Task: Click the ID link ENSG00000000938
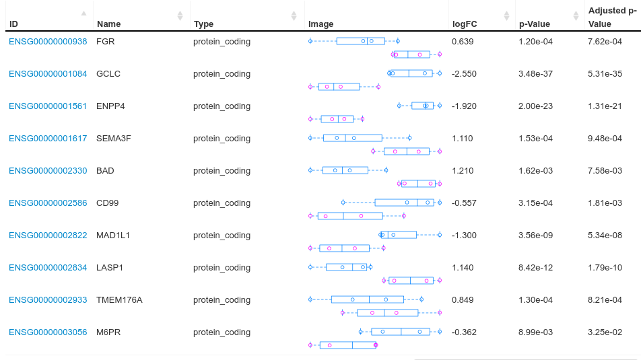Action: (x=48, y=42)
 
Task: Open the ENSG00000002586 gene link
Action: (x=48, y=203)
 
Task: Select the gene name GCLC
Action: (x=108, y=74)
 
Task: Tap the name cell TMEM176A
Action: (x=119, y=300)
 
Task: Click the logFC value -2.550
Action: (x=464, y=74)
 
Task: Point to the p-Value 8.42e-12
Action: (x=535, y=268)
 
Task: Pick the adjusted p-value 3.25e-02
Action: (x=605, y=332)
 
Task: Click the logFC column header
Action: (x=464, y=24)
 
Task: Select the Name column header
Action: (x=109, y=24)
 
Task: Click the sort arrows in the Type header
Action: (x=294, y=15)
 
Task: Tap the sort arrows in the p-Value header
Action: (x=576, y=15)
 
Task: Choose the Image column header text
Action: (x=321, y=24)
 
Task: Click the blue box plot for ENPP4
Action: (x=423, y=106)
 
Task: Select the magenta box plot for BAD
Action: (x=417, y=183)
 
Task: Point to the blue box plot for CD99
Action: (x=405, y=203)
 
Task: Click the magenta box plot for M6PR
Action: (x=347, y=345)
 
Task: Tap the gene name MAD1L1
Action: (x=113, y=236)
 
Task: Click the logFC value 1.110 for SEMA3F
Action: (x=462, y=139)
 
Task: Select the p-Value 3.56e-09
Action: (x=535, y=236)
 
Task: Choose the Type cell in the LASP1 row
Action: (x=222, y=268)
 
